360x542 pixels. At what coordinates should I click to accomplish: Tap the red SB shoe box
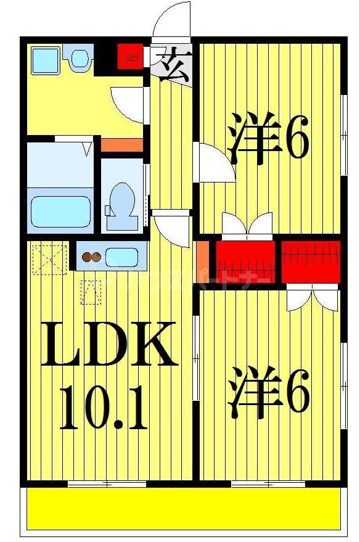tap(130, 58)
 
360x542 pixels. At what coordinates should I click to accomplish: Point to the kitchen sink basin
tap(124, 256)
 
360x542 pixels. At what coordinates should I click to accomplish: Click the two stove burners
tap(91, 257)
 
